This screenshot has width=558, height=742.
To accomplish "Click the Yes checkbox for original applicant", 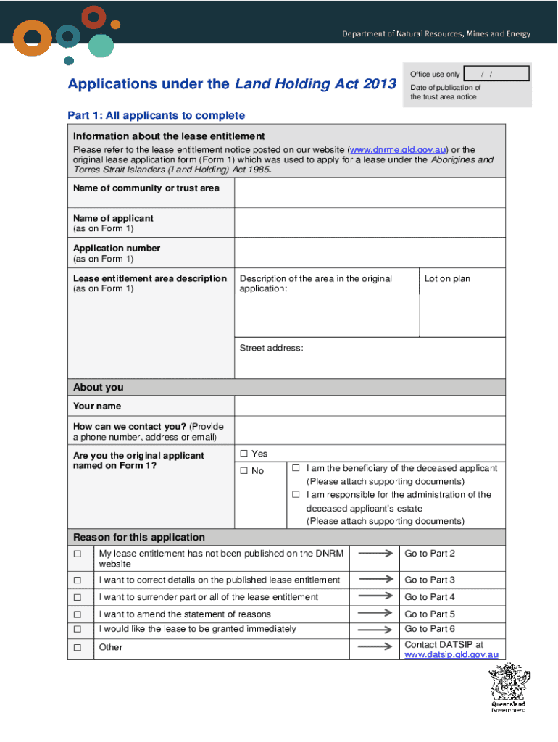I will click(244, 454).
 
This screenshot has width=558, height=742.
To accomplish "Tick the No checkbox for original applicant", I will click(244, 471).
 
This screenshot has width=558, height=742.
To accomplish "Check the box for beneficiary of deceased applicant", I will click(296, 468).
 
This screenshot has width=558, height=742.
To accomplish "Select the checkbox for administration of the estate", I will click(296, 494).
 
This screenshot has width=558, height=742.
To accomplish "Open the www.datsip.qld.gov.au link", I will click(451, 654).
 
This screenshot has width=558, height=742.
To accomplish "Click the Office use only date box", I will click(496, 74).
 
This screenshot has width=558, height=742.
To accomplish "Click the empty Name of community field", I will click(370, 192).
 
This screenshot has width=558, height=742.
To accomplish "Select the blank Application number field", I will click(370, 253).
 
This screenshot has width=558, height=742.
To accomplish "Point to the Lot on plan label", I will click(447, 278).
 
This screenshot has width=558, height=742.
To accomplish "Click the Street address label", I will click(271, 348).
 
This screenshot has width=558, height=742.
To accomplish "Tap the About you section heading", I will click(99, 387).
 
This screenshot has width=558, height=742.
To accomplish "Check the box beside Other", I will click(78, 647).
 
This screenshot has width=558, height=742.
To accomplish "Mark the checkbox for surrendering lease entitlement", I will click(78, 597).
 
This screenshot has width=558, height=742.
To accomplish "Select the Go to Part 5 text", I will click(430, 614).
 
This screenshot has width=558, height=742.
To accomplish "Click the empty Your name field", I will click(370, 406).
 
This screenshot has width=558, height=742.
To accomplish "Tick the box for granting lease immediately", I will click(78, 629).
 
